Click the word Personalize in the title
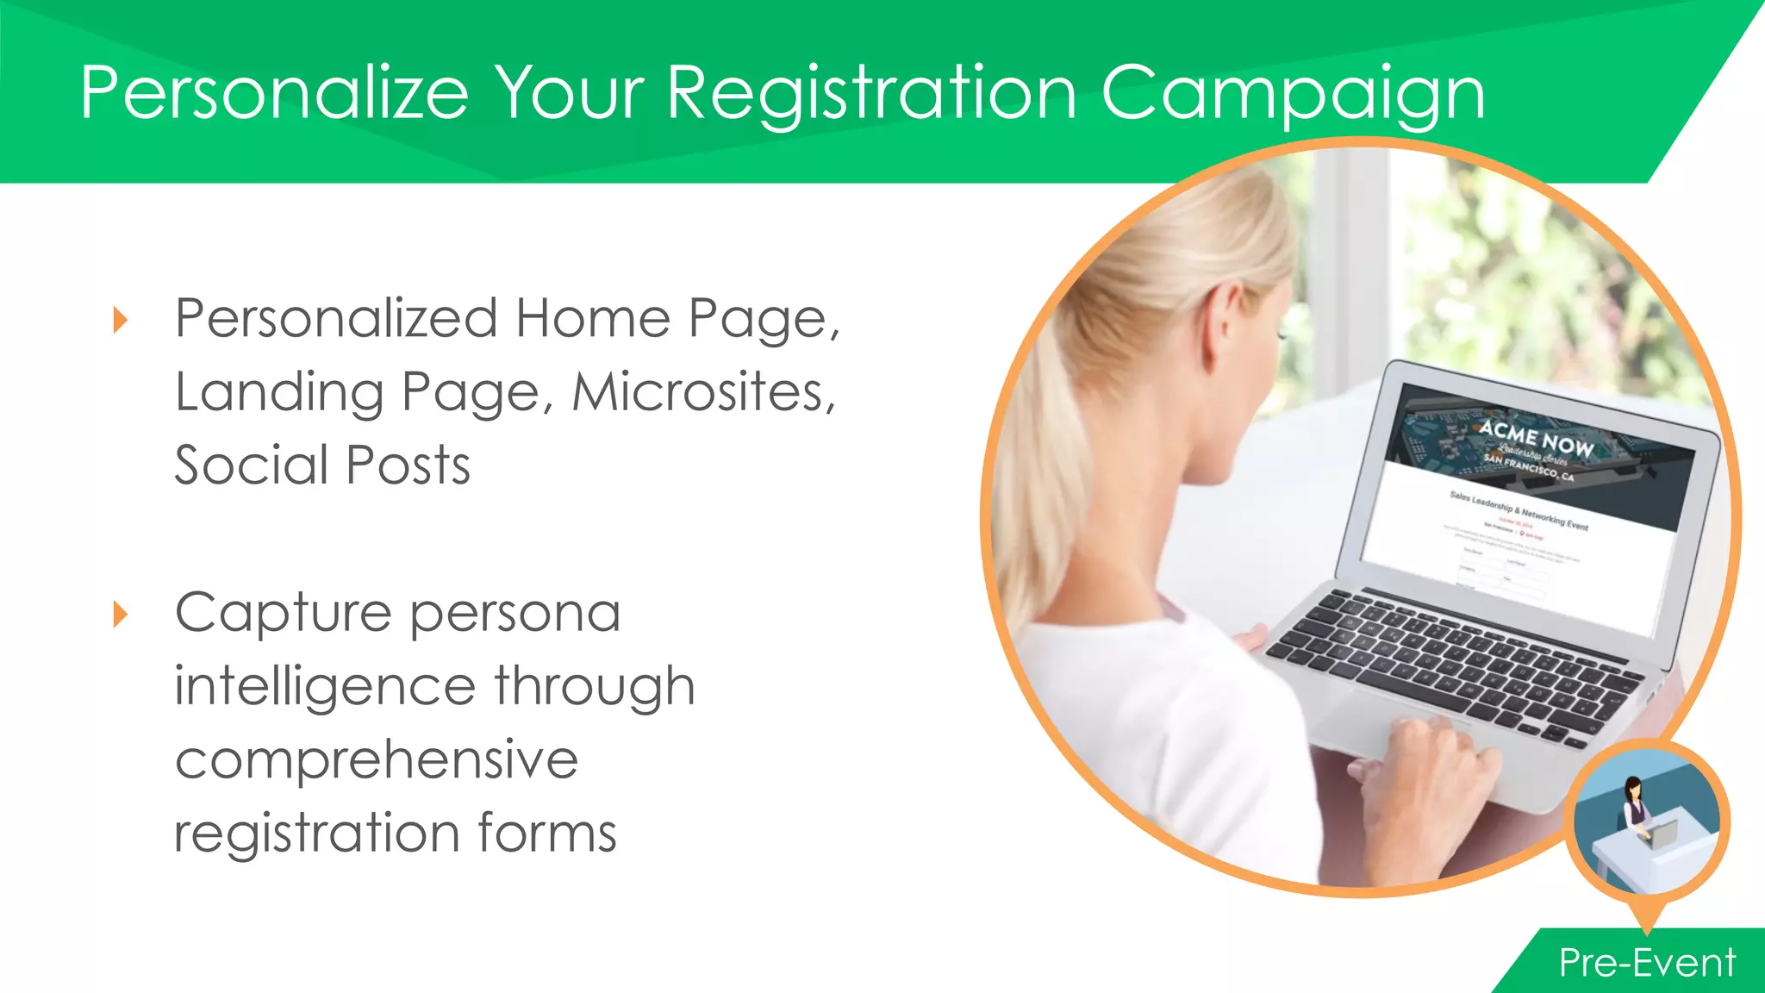click(274, 93)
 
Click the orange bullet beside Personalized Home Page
click(121, 321)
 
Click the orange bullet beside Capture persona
click(121, 615)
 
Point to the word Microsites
click(703, 393)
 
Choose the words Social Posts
click(322, 465)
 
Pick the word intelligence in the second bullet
click(325, 686)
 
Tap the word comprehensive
click(376, 760)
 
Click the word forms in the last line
click(546, 834)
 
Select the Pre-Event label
click(1647, 963)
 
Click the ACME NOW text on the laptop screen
click(1537, 438)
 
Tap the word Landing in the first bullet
click(279, 393)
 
